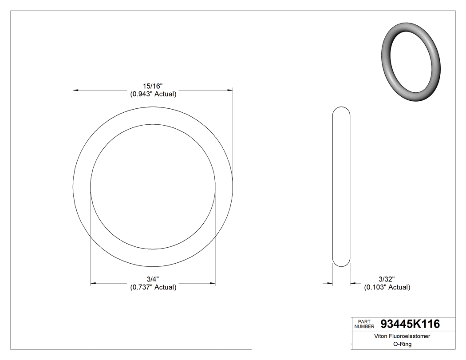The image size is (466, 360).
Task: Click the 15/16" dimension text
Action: point(153,86)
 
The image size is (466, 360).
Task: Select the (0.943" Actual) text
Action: point(153,94)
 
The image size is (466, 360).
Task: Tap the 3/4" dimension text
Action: point(153,279)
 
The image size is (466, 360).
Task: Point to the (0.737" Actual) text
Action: point(153,287)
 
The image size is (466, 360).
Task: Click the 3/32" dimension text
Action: point(387,279)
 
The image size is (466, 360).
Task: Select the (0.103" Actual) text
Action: point(387,287)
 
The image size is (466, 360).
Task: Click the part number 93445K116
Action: point(410,324)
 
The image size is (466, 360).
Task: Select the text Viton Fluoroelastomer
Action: point(403,336)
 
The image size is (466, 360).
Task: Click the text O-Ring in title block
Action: point(403,344)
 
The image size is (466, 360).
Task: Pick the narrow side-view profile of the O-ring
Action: point(341,186)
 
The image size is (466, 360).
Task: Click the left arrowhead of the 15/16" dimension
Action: point(76,90)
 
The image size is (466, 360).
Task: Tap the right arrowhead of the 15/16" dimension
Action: point(230,90)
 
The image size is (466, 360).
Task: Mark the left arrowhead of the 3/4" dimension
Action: point(93,283)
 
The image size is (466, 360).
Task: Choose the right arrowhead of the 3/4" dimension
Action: point(213,283)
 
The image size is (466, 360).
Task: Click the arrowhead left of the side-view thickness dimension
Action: point(330,283)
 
